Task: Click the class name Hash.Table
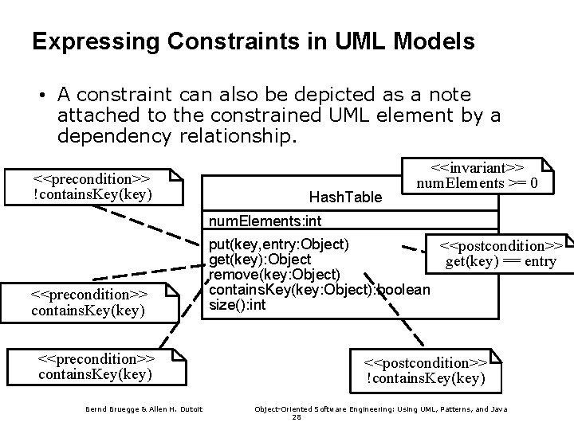click(345, 196)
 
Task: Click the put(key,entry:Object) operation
click(278, 241)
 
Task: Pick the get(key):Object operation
click(260, 259)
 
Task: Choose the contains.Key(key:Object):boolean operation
click(320, 290)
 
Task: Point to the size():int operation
click(238, 305)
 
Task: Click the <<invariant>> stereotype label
click(476, 168)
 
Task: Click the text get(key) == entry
click(501, 261)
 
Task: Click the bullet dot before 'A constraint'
click(39, 96)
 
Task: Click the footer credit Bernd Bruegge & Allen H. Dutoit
click(144, 409)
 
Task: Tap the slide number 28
click(297, 417)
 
